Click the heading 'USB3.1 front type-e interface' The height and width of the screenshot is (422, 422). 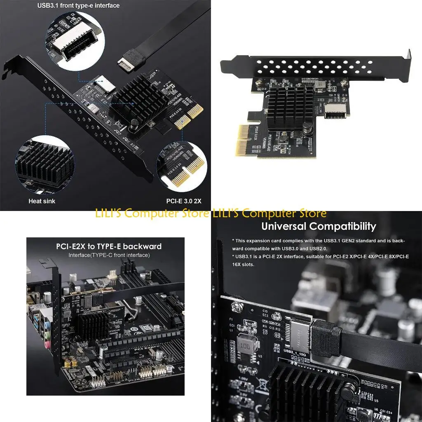78,6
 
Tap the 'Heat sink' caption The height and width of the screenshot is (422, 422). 42,201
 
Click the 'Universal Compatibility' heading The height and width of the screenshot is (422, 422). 319,226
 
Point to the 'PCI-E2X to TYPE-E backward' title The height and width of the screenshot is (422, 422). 109,246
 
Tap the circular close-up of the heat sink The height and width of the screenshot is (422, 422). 43,164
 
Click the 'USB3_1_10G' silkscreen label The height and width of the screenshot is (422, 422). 294,353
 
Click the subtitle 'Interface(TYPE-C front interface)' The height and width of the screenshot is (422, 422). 109,255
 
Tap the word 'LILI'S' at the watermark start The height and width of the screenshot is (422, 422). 109,213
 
